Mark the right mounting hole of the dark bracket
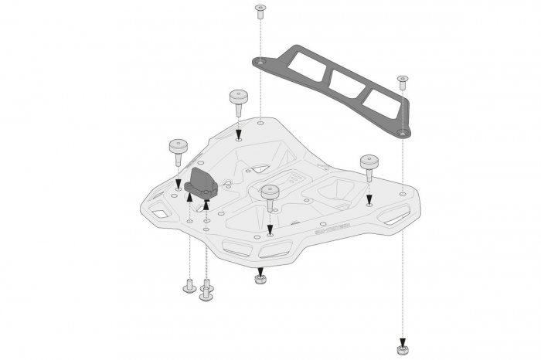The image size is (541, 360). [402, 132]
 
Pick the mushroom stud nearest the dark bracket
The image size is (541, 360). [238, 99]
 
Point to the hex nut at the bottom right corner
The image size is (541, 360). [403, 349]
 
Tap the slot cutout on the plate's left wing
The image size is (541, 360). [162, 211]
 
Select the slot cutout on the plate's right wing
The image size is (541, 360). [396, 219]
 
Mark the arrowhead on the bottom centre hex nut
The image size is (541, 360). [260, 271]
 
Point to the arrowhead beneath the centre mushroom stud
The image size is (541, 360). [270, 229]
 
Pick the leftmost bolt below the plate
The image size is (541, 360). [189, 287]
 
